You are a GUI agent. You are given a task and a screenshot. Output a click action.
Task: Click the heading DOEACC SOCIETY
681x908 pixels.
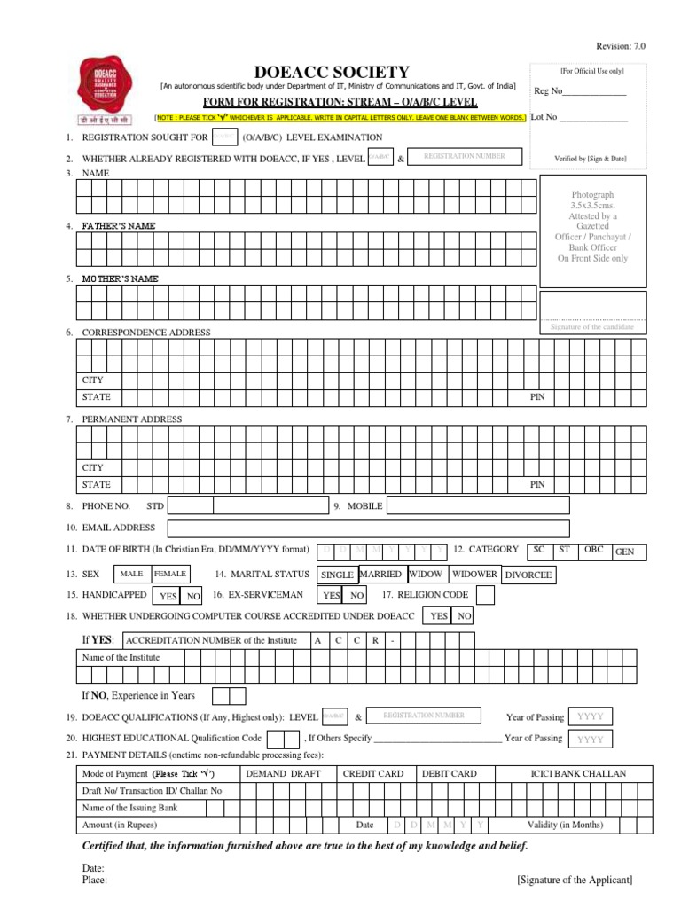332,72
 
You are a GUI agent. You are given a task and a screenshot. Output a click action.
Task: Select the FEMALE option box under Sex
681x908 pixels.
170,574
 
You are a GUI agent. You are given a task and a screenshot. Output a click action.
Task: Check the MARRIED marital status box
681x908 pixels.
381,574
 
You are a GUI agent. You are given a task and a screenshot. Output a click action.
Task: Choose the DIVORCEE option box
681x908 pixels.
528,575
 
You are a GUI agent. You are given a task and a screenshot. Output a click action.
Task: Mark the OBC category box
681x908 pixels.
593,550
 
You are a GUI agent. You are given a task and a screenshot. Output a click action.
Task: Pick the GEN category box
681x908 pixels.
625,552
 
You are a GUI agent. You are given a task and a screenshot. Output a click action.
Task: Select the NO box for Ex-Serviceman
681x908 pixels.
356,596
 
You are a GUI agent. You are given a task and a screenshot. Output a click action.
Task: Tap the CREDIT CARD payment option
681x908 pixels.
372,773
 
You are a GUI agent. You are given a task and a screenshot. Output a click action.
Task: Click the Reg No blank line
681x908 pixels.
594,91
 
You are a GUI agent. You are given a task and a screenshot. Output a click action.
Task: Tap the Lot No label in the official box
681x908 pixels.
544,116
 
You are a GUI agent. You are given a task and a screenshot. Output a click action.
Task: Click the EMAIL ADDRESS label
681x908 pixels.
118,528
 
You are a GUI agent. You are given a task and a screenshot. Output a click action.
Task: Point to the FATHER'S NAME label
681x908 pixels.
119,226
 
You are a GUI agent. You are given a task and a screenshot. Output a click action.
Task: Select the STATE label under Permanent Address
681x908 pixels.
97,485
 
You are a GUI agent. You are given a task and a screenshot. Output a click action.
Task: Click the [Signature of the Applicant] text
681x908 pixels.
574,880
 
